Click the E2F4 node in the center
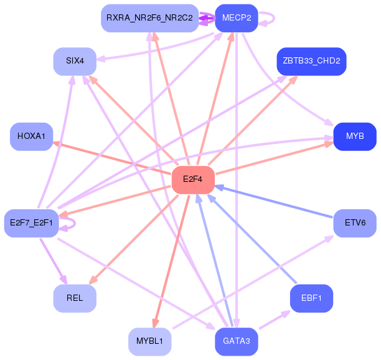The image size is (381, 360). point(193,179)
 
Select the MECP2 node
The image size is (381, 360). point(236,17)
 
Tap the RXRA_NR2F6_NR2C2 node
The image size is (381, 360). point(149,17)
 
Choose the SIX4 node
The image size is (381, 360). point(75,61)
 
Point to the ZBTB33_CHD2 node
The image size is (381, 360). point(311,61)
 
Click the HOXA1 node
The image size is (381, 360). point(31,136)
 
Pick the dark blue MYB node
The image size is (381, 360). point(355,136)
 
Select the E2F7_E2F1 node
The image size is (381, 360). point(31,222)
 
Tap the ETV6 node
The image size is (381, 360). point(355,222)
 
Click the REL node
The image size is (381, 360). point(75,298)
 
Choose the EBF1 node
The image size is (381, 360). point(311,298)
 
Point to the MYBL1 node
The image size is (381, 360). point(149,341)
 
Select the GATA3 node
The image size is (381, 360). point(236,341)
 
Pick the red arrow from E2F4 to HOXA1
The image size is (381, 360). point(112,158)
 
